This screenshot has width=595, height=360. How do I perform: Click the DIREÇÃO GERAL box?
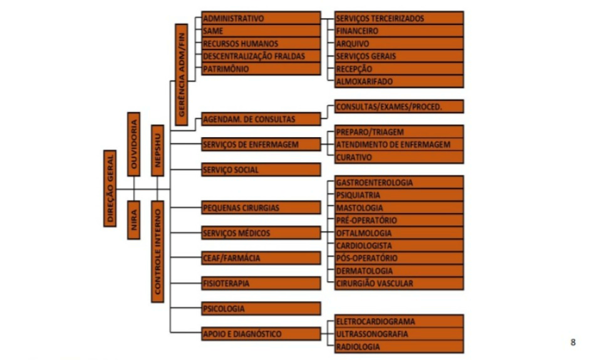(x=110, y=188)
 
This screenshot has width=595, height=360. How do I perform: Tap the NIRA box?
(x=134, y=220)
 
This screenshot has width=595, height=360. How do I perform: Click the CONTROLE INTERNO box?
(x=157, y=252)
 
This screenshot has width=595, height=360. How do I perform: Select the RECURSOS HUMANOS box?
(x=261, y=44)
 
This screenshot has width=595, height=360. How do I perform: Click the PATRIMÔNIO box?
(x=261, y=69)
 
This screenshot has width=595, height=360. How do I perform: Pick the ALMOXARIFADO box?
(x=399, y=81)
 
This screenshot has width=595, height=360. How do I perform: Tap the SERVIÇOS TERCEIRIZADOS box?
(x=399, y=18)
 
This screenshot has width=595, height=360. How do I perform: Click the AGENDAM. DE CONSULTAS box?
(x=261, y=119)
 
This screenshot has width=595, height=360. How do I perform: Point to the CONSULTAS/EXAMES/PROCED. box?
(x=399, y=106)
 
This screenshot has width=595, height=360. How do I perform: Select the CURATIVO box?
(x=399, y=157)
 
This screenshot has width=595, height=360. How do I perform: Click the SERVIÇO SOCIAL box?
(x=261, y=170)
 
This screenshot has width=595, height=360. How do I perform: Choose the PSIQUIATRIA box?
(x=399, y=195)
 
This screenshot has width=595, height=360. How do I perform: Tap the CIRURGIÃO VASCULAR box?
(x=399, y=283)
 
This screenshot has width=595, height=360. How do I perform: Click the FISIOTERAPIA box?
(x=261, y=283)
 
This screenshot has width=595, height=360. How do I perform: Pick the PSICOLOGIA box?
(x=261, y=309)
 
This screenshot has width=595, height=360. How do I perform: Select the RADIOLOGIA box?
(x=399, y=346)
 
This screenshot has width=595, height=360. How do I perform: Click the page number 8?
(x=573, y=342)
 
